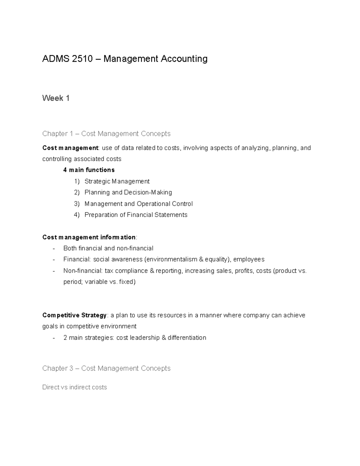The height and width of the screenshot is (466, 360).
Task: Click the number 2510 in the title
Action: click(82, 59)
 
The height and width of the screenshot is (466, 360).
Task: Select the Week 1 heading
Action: click(56, 98)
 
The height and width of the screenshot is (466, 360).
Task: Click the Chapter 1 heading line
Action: click(106, 134)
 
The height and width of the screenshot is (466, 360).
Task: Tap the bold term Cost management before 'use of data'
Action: click(70, 148)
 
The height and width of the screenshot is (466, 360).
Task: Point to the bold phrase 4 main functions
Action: click(89, 170)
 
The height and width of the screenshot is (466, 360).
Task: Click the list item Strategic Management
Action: click(117, 181)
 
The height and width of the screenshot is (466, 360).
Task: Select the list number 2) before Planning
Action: click(77, 192)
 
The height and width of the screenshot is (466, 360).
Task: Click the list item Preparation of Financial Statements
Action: click(136, 215)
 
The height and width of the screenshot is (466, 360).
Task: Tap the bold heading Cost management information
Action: click(89, 237)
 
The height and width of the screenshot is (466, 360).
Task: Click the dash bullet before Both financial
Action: click(54, 248)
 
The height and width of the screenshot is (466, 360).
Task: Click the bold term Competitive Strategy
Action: click(74, 315)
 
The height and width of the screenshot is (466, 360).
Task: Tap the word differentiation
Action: click(187, 338)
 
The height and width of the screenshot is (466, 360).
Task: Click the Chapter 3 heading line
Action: click(106, 368)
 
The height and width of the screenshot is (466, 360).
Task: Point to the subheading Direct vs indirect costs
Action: click(74, 387)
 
